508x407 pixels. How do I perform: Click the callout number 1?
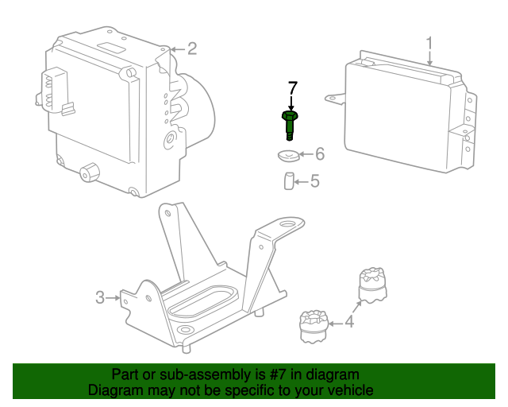429,43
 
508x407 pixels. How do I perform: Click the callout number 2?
191,49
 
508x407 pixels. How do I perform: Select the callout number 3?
100,297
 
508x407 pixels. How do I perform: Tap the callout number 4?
349,322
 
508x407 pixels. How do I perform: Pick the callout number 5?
314,181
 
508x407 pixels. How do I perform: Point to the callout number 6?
320,153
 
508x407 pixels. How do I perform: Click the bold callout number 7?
292,87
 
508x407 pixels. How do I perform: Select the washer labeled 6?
289,155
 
